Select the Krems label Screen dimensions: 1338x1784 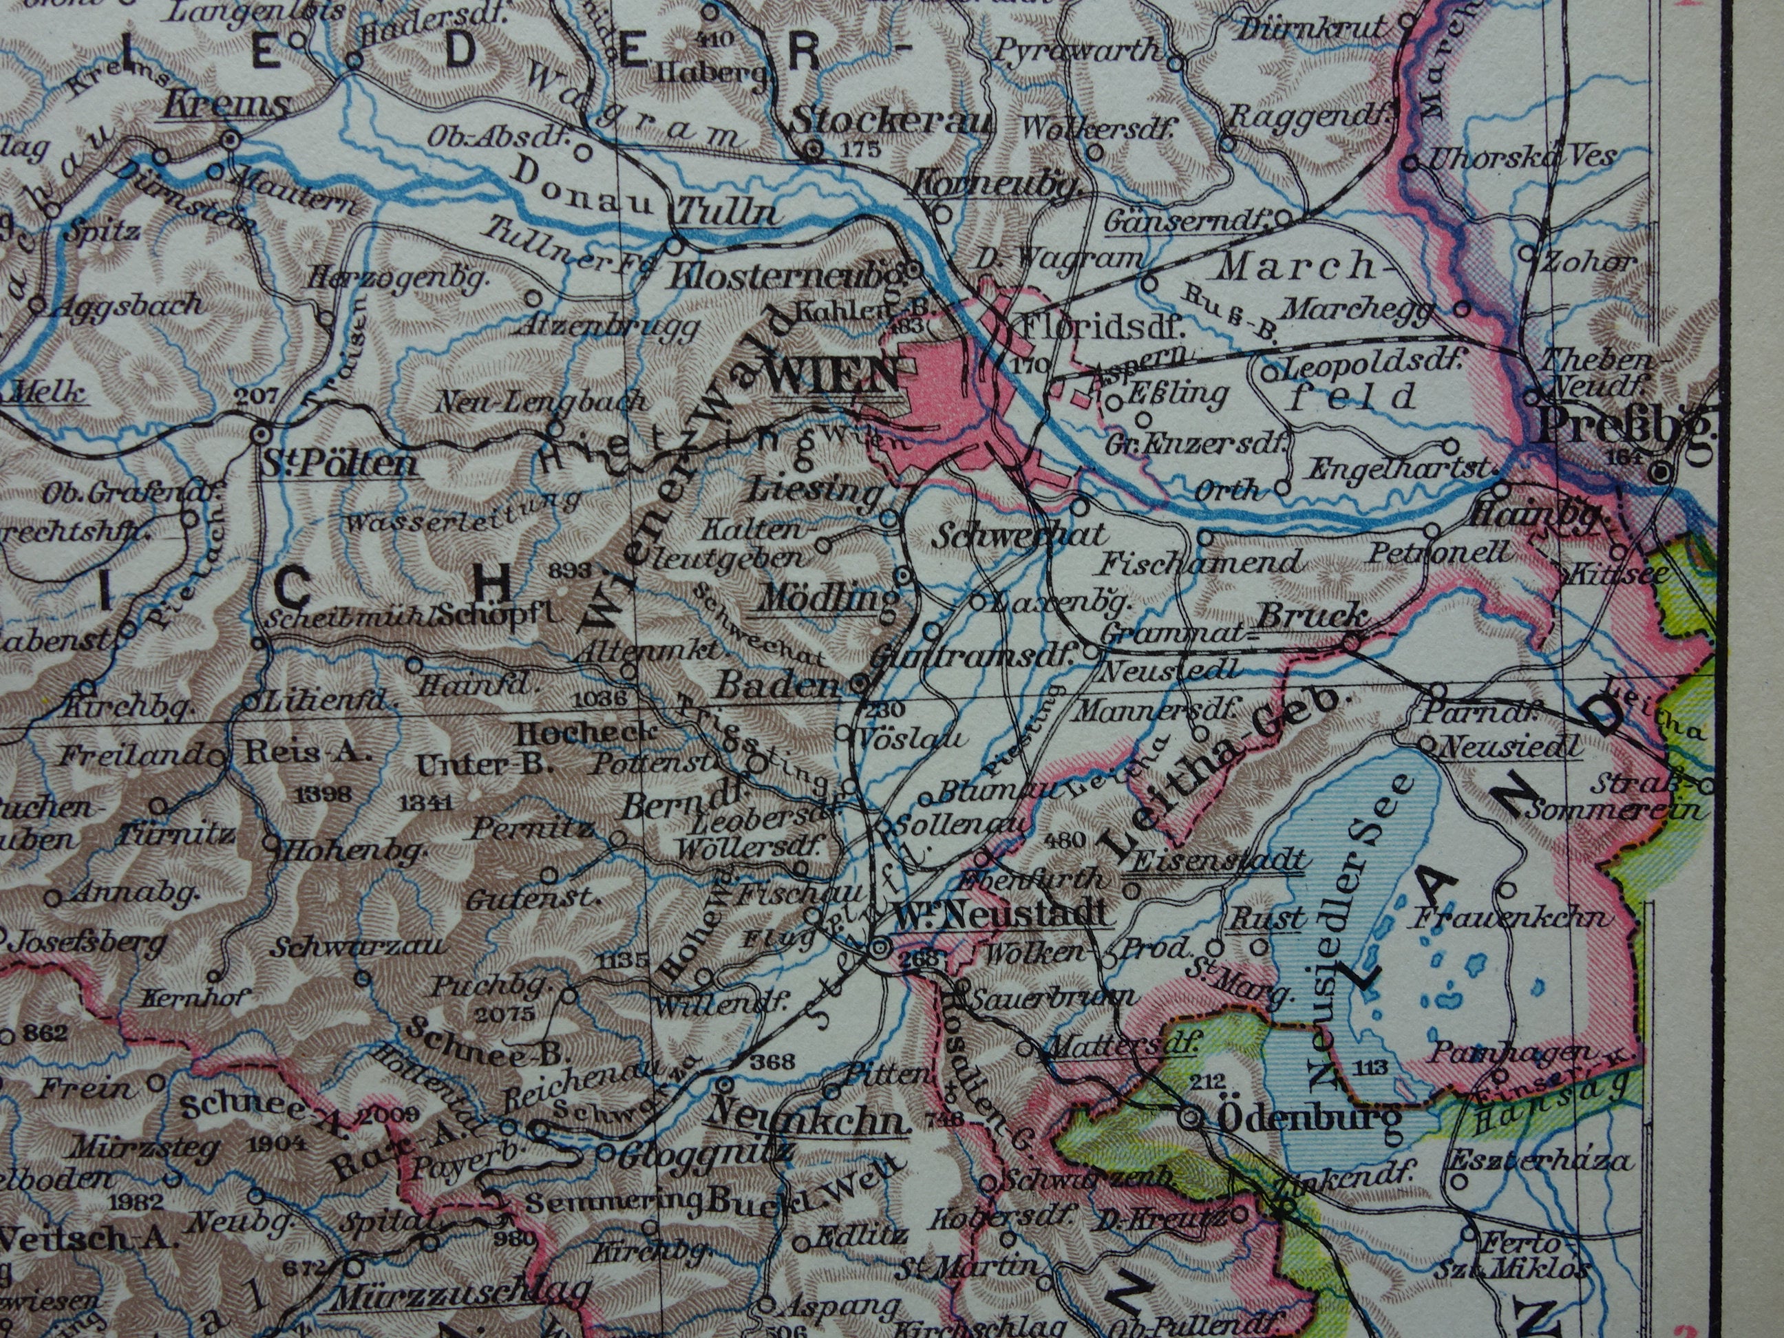pyautogui.click(x=226, y=105)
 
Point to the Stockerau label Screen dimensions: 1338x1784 pyautogui.click(x=891, y=121)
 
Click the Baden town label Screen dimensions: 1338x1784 pyautogui.click(x=774, y=686)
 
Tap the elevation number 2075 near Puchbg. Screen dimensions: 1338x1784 pyautogui.click(x=506, y=1014)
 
